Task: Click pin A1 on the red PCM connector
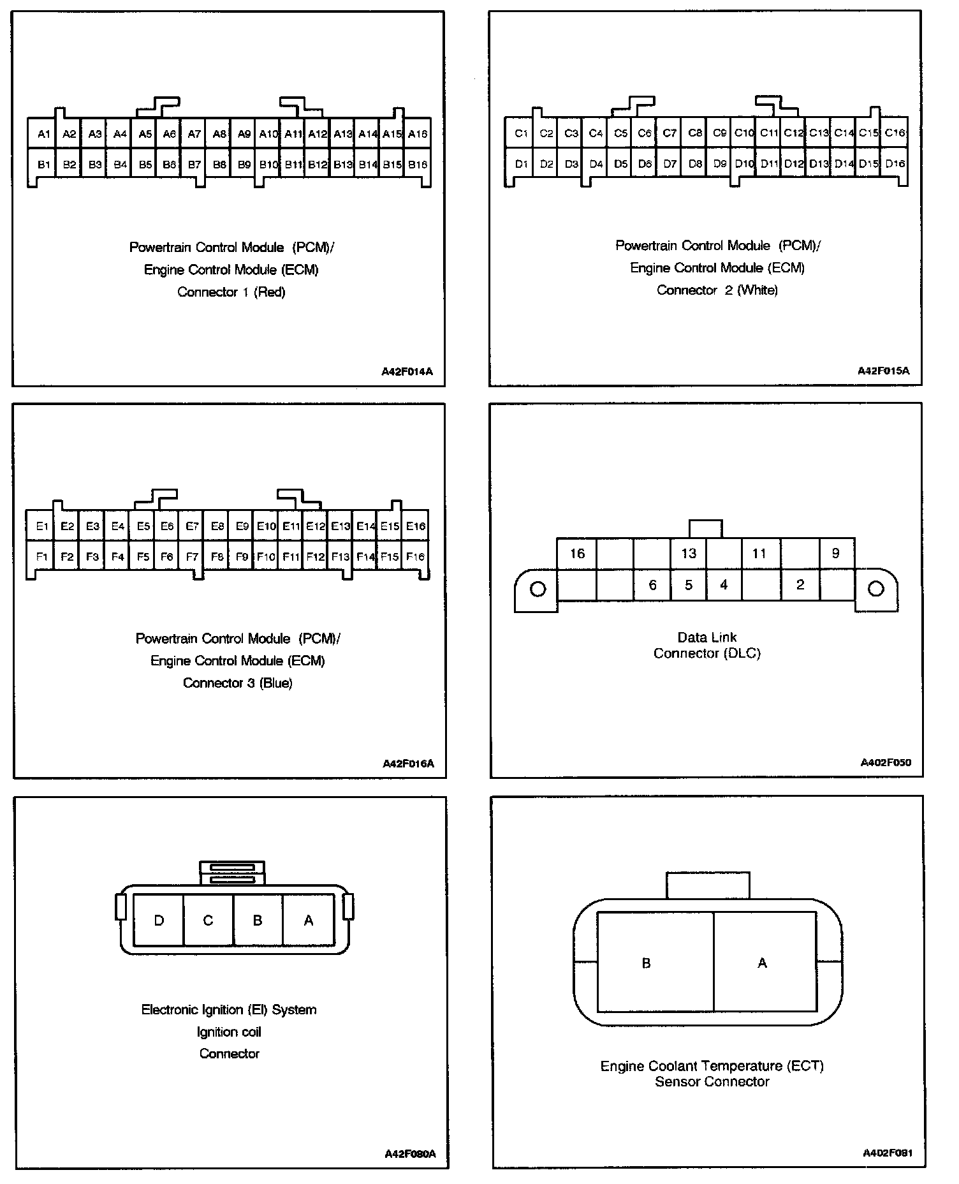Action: coord(43,134)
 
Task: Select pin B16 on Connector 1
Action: coord(418,165)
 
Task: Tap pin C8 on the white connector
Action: coord(694,133)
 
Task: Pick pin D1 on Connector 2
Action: coord(521,164)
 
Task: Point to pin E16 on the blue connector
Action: coord(415,526)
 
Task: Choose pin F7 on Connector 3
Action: coord(192,557)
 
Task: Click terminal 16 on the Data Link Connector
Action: coord(577,553)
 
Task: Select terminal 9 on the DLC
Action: coord(835,553)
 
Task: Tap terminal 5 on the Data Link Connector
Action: coord(688,584)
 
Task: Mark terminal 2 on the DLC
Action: coord(800,584)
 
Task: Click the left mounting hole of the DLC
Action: coord(538,589)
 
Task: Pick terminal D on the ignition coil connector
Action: coord(159,921)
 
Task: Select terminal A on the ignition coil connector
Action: coord(309,921)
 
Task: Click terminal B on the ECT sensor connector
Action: coord(646,963)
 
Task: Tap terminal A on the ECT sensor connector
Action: coord(762,963)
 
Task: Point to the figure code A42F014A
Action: coord(407,371)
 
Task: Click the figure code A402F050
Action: coord(886,762)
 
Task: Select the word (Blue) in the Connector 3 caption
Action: coord(277,683)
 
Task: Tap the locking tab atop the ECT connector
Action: coord(708,885)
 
